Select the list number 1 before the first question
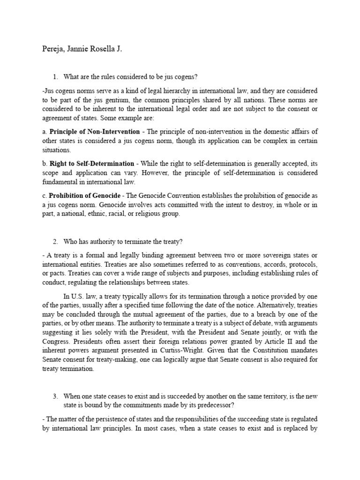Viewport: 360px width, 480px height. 55,77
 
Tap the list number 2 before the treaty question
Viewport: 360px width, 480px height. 55,241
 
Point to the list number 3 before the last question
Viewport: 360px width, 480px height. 55,397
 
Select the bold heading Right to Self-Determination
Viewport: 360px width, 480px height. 91,164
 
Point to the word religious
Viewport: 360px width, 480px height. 152,214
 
